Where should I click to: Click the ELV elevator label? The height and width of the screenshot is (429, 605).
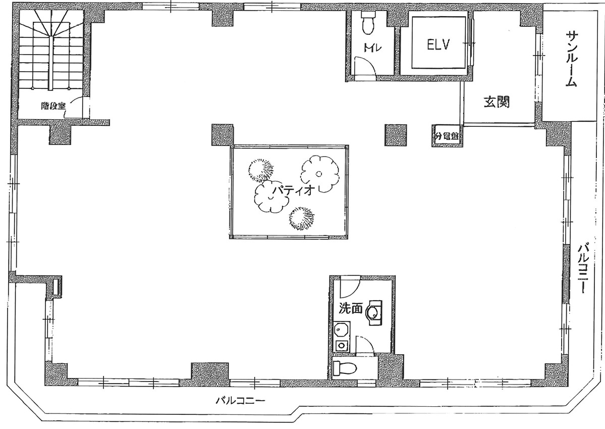point(437,45)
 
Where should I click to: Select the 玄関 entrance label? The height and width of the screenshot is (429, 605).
point(497,102)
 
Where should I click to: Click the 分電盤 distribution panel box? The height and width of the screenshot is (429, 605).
point(447,136)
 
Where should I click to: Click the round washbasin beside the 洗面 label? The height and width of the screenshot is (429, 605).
point(373,312)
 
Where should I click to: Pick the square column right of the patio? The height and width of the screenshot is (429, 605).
point(396,135)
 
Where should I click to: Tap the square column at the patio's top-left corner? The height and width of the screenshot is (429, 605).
point(223,135)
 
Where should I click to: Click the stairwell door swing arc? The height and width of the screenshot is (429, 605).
point(76,104)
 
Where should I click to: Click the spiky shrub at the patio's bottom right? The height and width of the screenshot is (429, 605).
point(302,218)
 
